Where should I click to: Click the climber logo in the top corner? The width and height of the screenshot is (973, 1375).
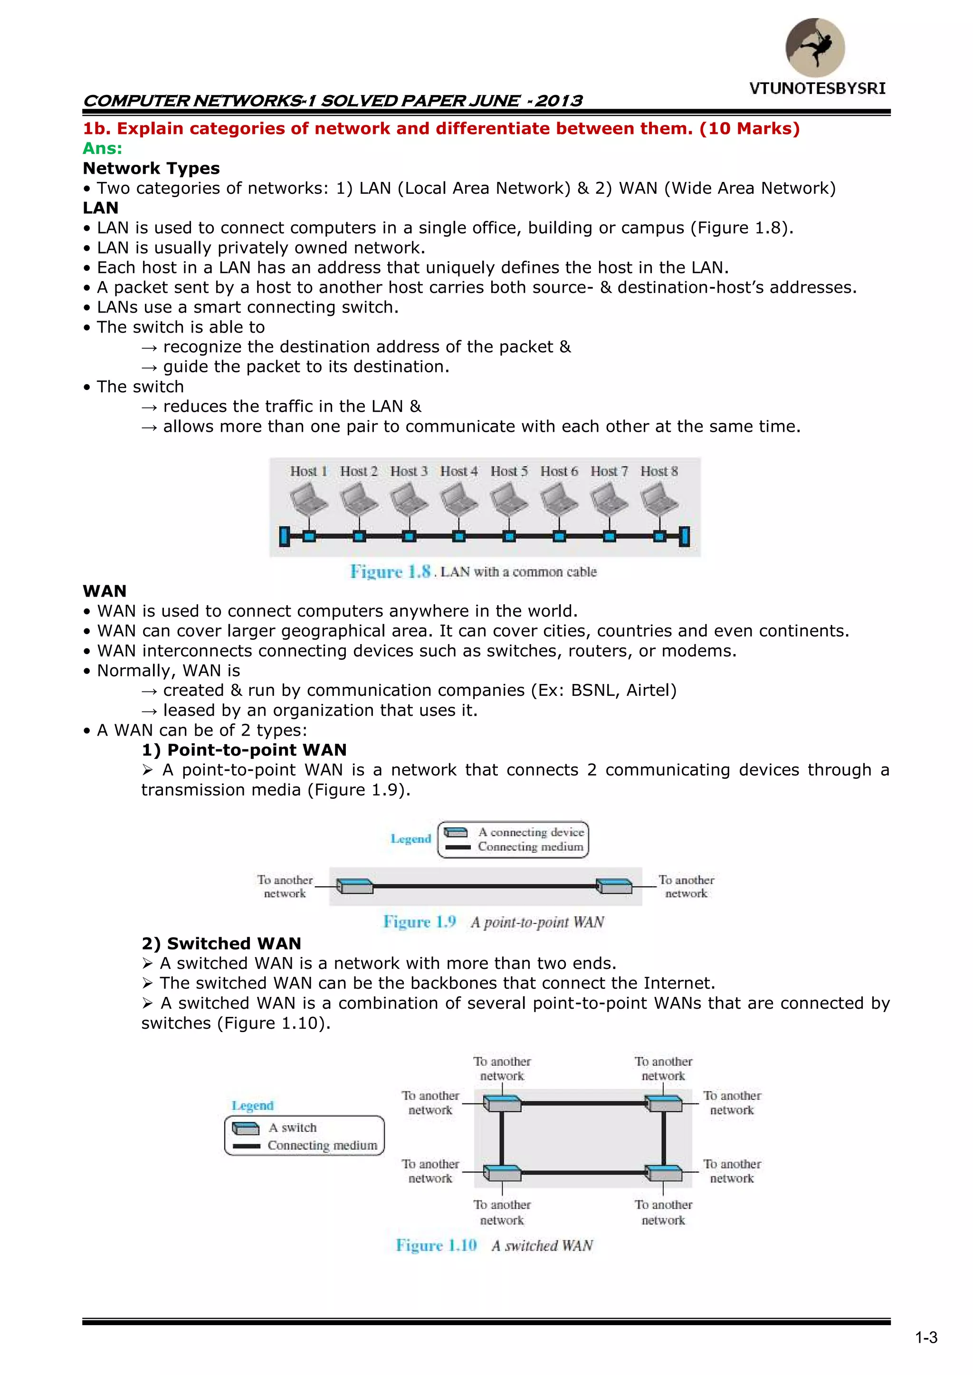click(x=815, y=47)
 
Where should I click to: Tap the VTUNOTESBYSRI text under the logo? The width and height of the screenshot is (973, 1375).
click(x=817, y=89)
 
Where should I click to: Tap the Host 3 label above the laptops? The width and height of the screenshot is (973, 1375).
click(x=409, y=471)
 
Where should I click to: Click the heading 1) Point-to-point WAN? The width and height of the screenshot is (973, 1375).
click(x=245, y=750)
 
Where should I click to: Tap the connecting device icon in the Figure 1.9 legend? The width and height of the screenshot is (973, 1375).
click(x=456, y=833)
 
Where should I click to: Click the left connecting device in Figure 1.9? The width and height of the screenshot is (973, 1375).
click(x=355, y=886)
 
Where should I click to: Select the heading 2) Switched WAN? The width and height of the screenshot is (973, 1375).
click(x=222, y=943)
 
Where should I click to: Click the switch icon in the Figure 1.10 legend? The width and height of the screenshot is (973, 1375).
click(x=246, y=1128)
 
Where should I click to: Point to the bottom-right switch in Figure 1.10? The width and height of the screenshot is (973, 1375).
click(x=663, y=1173)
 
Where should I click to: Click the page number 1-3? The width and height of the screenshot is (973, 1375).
click(x=926, y=1338)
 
